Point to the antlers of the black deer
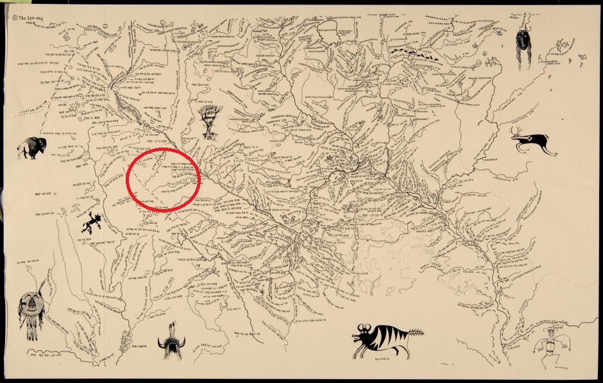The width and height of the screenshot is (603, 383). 517,132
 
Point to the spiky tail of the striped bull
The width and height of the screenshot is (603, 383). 416,332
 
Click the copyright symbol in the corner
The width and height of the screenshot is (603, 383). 14,17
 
